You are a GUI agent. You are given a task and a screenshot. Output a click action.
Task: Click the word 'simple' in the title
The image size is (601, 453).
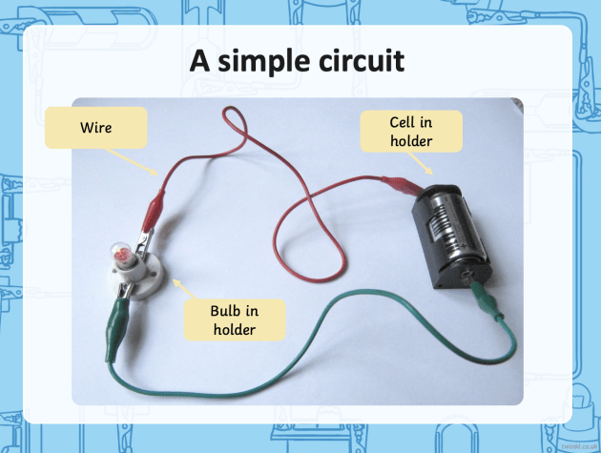coord(262,62)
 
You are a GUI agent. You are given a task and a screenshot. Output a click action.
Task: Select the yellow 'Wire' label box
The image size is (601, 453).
coord(96,127)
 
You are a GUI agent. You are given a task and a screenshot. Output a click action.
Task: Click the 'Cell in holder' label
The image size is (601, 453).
coord(411,132)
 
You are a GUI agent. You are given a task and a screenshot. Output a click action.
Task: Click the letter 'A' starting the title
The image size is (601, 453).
coord(198,62)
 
